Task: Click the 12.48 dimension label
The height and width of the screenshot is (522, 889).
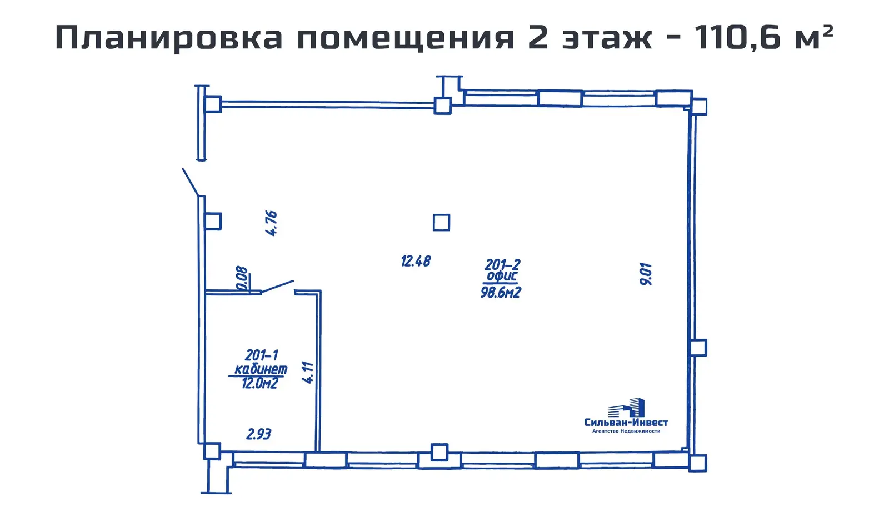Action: pyautogui.click(x=416, y=261)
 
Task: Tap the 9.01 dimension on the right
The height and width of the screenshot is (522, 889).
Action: pyautogui.click(x=646, y=274)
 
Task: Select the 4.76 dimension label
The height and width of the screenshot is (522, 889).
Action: pyautogui.click(x=271, y=223)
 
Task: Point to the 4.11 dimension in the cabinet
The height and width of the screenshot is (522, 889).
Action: pyautogui.click(x=308, y=372)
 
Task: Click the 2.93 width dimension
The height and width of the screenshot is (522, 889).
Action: pyautogui.click(x=258, y=434)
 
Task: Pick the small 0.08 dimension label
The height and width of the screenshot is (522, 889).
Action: pyautogui.click(x=242, y=278)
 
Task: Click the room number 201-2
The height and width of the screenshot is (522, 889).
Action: pyautogui.click(x=502, y=265)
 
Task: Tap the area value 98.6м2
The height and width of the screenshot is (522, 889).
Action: pyautogui.click(x=501, y=293)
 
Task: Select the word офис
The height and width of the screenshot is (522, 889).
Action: pyautogui.click(x=502, y=277)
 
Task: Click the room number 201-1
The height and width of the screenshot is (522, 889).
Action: pyautogui.click(x=261, y=355)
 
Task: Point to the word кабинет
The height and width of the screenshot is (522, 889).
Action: pyautogui.click(x=261, y=369)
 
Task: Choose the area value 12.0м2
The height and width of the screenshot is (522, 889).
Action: pyautogui.click(x=259, y=383)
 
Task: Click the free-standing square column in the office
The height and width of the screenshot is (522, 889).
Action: pyautogui.click(x=441, y=223)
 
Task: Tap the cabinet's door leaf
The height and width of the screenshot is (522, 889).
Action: pyautogui.click(x=277, y=287)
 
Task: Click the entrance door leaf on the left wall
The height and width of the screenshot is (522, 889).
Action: pyautogui.click(x=191, y=182)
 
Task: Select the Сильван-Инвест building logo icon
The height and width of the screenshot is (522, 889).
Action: pyautogui.click(x=627, y=408)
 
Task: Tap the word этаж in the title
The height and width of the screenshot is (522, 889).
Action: pyautogui.click(x=607, y=38)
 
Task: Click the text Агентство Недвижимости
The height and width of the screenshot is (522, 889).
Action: pyautogui.click(x=626, y=431)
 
